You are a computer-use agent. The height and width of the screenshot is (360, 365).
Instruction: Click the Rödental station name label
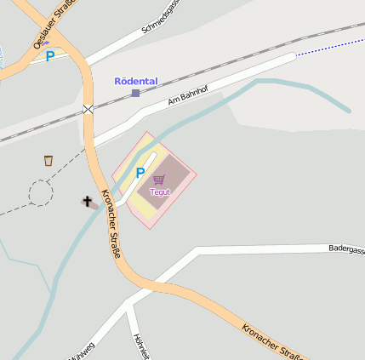click(136, 81)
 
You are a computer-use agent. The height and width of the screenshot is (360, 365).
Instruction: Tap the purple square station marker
click(135, 93)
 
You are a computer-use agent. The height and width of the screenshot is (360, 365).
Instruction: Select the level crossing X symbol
click(88, 108)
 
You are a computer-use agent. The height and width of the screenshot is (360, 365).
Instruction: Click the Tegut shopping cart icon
click(159, 180)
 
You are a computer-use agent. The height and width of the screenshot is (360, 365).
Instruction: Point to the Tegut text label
click(160, 191)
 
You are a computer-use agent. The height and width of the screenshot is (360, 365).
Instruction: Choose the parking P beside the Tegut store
click(140, 173)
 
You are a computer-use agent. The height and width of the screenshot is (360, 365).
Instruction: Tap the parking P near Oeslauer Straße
click(49, 57)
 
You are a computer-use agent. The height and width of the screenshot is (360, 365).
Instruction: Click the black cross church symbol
click(87, 202)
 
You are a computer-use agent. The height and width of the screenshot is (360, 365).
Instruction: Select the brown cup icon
click(48, 160)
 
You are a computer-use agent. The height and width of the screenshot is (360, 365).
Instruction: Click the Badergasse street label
click(346, 249)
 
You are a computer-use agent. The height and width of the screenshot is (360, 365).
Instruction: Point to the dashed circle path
click(40, 193)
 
